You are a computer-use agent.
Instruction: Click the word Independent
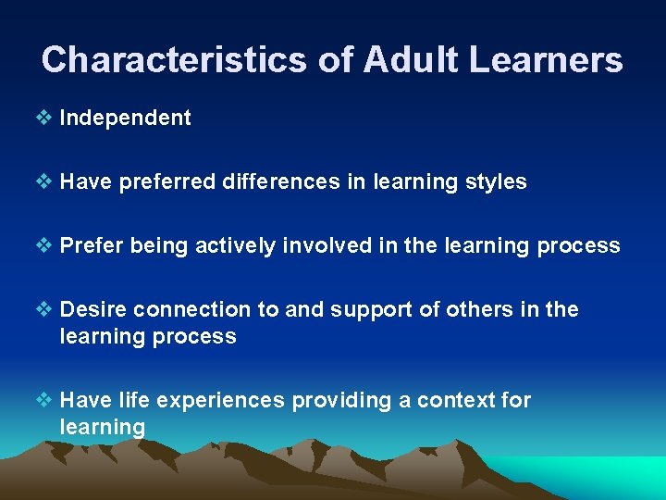pyautogui.click(x=125, y=118)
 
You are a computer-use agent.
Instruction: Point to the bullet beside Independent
pyautogui.click(x=47, y=118)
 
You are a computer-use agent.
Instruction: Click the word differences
pyautogui.click(x=281, y=181)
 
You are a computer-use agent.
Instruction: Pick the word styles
pyautogui.click(x=497, y=181)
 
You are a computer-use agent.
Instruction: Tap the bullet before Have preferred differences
pyautogui.click(x=47, y=181)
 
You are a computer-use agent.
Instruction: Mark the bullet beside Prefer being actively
pyautogui.click(x=47, y=245)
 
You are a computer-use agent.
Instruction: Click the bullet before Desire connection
pyautogui.click(x=47, y=309)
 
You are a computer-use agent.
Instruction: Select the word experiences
pyautogui.click(x=221, y=401)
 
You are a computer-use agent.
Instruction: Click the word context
pyautogui.click(x=459, y=400)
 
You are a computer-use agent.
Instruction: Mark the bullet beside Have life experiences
pyautogui.click(x=47, y=400)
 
